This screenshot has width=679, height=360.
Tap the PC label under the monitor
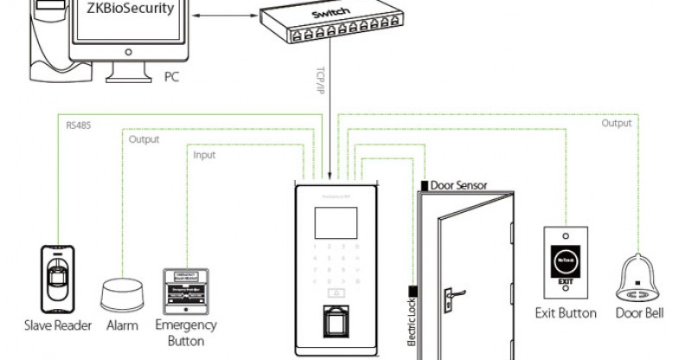coord(171,77)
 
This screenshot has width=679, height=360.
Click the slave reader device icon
coord(56,279)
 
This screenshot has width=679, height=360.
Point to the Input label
coord(204,155)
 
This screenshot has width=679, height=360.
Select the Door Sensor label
coord(458,185)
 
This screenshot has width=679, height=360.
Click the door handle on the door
coord(450,297)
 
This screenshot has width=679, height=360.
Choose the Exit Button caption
coord(566,312)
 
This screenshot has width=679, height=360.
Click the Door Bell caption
coord(640,312)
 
